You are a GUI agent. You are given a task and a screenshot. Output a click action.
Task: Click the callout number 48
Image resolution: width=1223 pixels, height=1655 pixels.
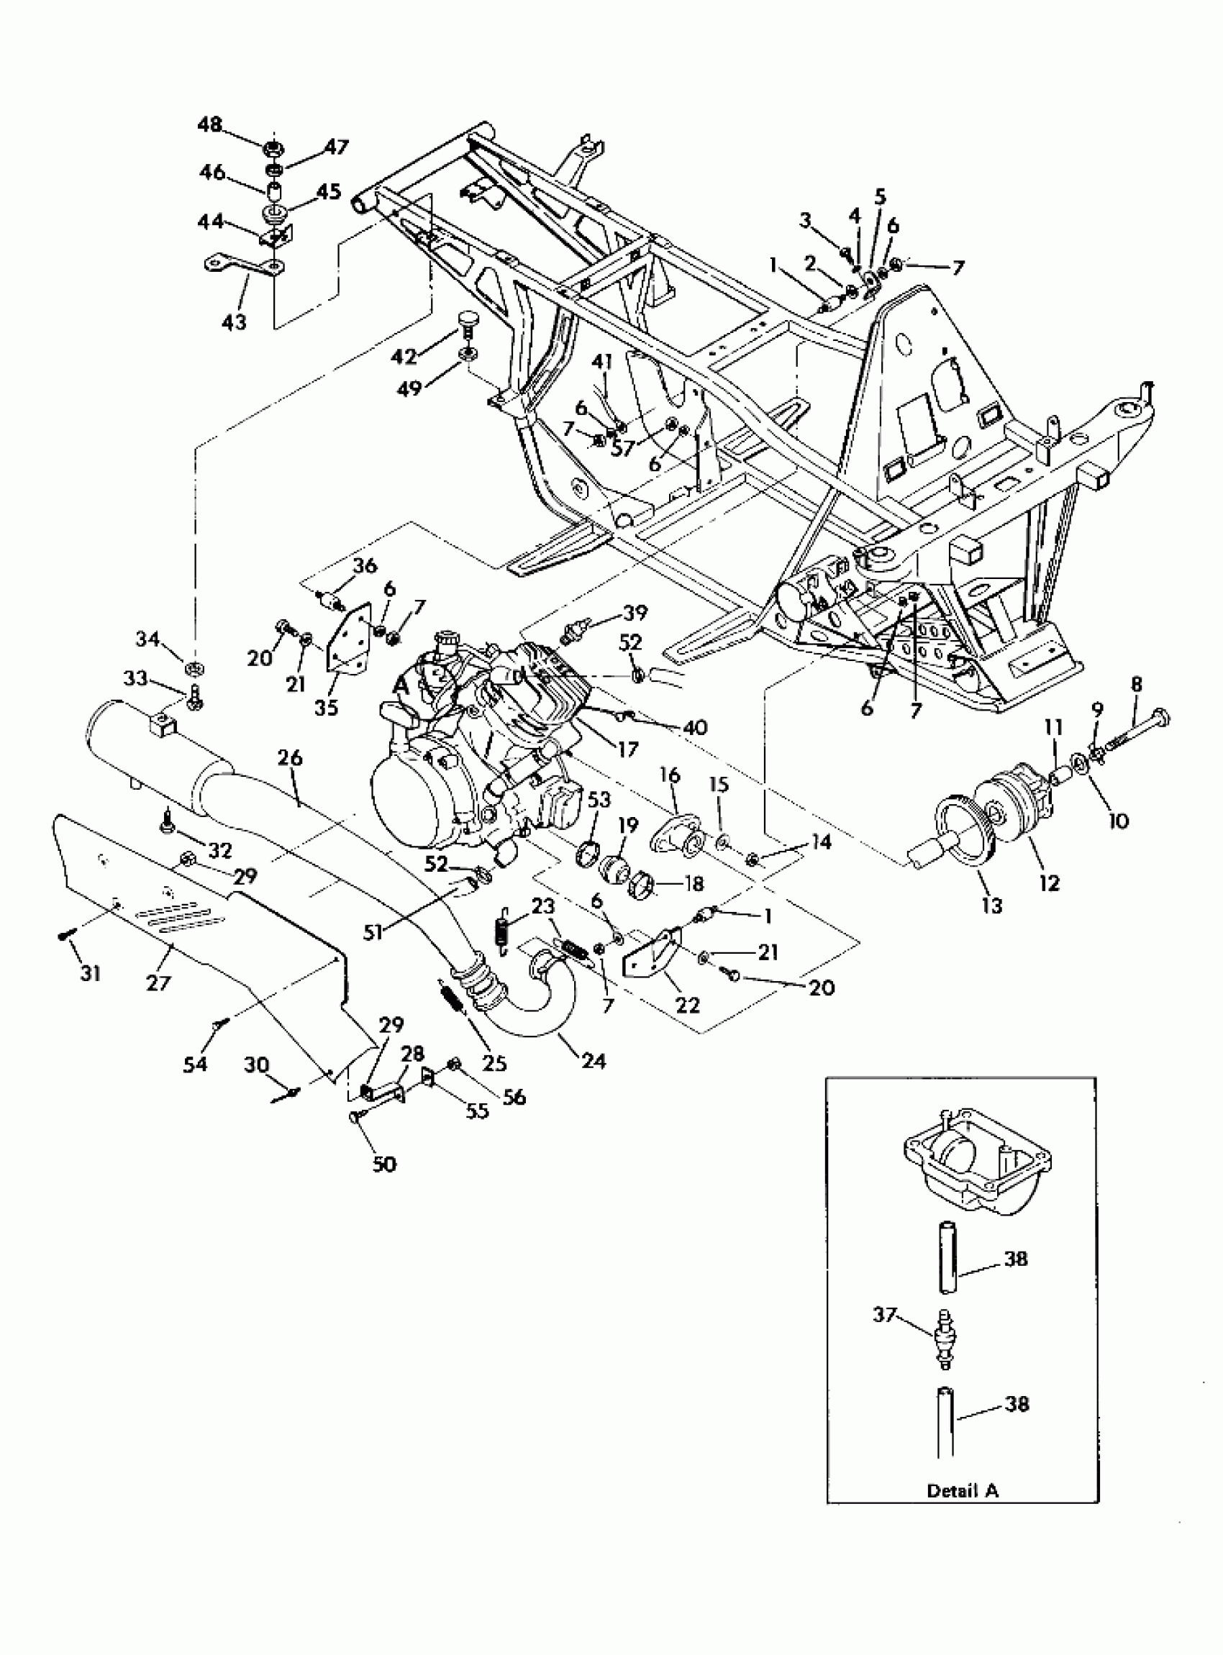coord(209,124)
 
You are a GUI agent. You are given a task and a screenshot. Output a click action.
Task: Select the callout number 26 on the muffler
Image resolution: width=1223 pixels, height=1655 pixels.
coord(291,757)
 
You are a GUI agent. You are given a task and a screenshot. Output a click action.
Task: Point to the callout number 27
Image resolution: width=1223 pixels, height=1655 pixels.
coord(158,983)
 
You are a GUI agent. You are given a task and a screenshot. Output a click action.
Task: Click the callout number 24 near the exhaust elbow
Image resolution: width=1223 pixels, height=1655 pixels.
coord(593,1062)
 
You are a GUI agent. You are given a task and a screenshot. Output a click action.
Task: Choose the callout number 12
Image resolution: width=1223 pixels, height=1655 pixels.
coord(1050,883)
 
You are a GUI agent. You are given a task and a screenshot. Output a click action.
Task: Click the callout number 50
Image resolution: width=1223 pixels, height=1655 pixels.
coord(384,1164)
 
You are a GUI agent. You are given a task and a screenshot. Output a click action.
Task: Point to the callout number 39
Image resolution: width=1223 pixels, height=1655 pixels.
coord(635,614)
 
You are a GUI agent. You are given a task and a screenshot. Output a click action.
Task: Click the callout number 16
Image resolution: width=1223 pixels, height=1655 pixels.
coord(669,775)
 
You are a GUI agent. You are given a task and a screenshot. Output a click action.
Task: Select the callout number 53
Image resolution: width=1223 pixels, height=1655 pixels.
coord(600,799)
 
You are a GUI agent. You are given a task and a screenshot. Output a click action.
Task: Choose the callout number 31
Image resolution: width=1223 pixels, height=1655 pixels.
coord(91,974)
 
